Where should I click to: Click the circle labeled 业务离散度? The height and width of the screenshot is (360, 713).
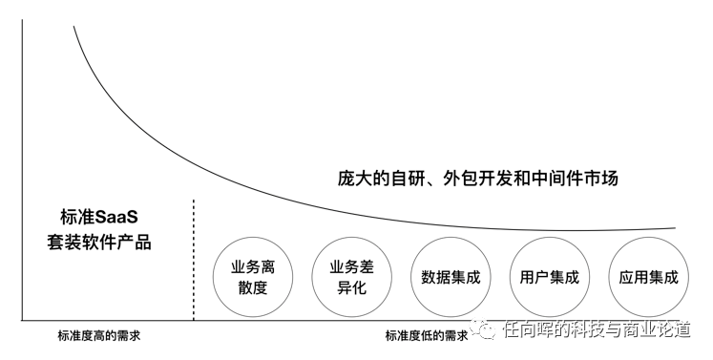(253, 277)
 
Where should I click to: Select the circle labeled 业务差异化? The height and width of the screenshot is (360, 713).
(351, 277)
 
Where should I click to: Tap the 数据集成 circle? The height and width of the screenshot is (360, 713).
(451, 277)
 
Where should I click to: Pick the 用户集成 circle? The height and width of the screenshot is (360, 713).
(549, 277)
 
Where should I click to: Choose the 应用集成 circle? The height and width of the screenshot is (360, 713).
(648, 277)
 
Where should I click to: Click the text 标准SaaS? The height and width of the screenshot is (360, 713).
(98, 217)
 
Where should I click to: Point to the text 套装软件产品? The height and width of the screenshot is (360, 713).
(98, 243)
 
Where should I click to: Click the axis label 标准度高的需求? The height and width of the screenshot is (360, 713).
(98, 336)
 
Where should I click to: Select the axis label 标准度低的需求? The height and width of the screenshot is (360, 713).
(427, 336)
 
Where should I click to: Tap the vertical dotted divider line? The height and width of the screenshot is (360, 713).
(194, 260)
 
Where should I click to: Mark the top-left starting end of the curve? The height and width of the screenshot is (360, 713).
(73, 27)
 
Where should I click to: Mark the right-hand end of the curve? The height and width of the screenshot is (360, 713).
(676, 227)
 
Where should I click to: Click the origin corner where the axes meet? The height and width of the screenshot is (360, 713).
(22, 321)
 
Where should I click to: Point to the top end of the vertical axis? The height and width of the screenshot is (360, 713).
(22, 19)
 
